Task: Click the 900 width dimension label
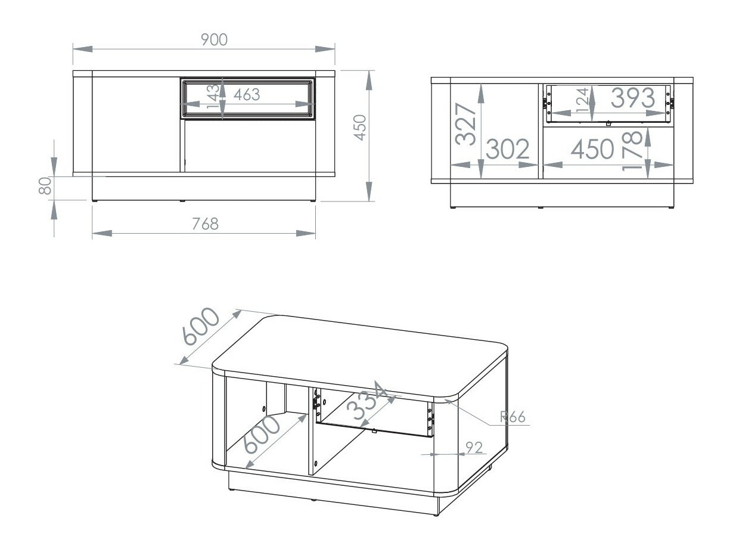click(214, 40)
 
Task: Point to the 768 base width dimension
click(205, 224)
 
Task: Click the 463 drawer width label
click(247, 94)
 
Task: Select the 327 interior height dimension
click(466, 124)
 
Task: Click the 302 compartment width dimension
click(508, 150)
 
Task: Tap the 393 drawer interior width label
click(625, 98)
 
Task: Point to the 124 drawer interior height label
click(582, 99)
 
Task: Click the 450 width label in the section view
click(592, 150)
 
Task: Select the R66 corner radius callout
click(513, 417)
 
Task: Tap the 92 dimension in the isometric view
click(474, 448)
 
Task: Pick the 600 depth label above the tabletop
click(201, 327)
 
